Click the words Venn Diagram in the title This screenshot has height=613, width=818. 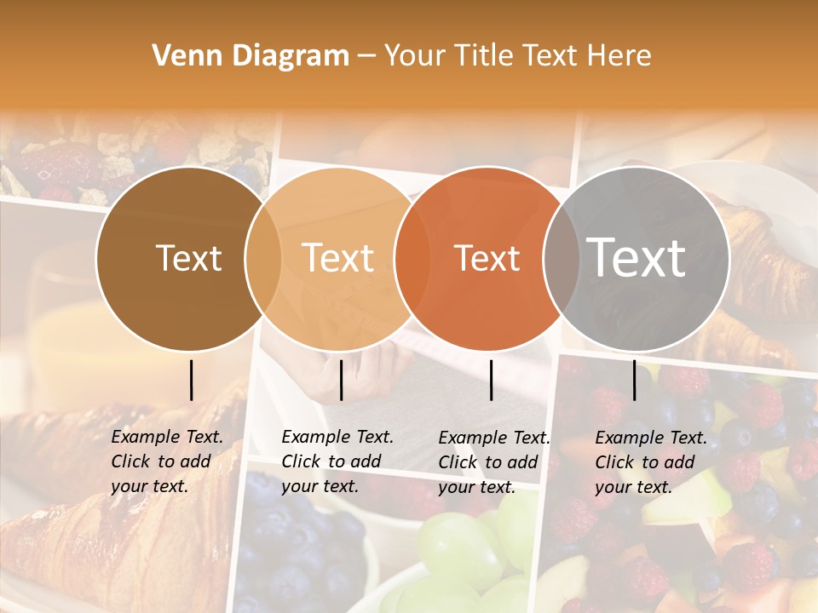tap(251, 56)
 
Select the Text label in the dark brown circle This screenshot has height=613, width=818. tap(188, 258)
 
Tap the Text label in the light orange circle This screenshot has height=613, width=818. tap(338, 258)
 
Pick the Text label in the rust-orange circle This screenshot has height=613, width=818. tap(487, 258)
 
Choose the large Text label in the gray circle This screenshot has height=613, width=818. tap(637, 257)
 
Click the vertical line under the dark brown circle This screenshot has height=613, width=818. tap(191, 380)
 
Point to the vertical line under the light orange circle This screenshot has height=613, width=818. tap(341, 380)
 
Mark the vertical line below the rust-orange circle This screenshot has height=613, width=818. tap(491, 380)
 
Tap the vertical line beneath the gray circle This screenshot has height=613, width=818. tap(634, 380)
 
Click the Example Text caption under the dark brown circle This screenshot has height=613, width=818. tap(167, 461)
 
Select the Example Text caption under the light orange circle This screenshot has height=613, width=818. tap(337, 461)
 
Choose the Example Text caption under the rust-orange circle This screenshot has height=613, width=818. tap(494, 462)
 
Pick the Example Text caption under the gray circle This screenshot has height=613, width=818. tap(651, 462)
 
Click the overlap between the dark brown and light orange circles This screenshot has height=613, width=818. tap(263, 258)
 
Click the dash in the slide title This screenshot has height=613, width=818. tap(366, 56)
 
